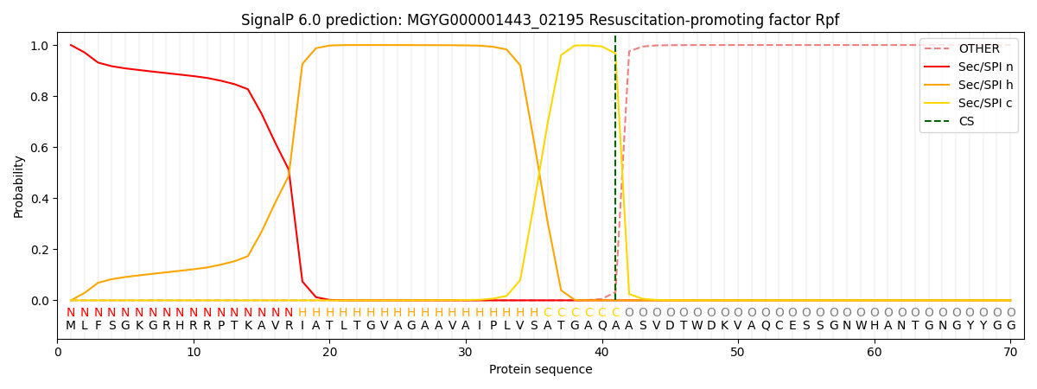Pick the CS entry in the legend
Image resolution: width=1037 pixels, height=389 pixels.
(x=966, y=122)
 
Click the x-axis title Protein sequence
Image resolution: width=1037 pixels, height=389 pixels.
(x=540, y=370)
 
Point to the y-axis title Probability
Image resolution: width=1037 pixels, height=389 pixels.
(x=19, y=186)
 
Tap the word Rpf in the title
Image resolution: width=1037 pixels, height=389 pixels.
(x=826, y=20)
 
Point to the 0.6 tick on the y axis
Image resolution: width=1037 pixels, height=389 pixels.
(x=38, y=148)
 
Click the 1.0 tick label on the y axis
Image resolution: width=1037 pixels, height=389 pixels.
(x=38, y=45)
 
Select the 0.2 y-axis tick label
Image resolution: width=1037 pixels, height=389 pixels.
(x=38, y=250)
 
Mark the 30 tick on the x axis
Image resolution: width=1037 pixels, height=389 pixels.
(x=466, y=353)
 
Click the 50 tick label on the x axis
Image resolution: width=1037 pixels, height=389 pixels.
(x=738, y=353)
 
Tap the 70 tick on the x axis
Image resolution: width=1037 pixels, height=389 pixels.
(x=1010, y=353)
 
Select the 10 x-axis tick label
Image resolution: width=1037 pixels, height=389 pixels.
(x=194, y=353)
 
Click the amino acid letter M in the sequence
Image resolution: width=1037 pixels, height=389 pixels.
(x=71, y=326)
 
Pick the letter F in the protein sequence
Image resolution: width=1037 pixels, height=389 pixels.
(x=98, y=326)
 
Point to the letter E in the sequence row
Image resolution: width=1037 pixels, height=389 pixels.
(x=792, y=326)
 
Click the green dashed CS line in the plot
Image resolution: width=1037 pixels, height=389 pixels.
(x=615, y=173)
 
